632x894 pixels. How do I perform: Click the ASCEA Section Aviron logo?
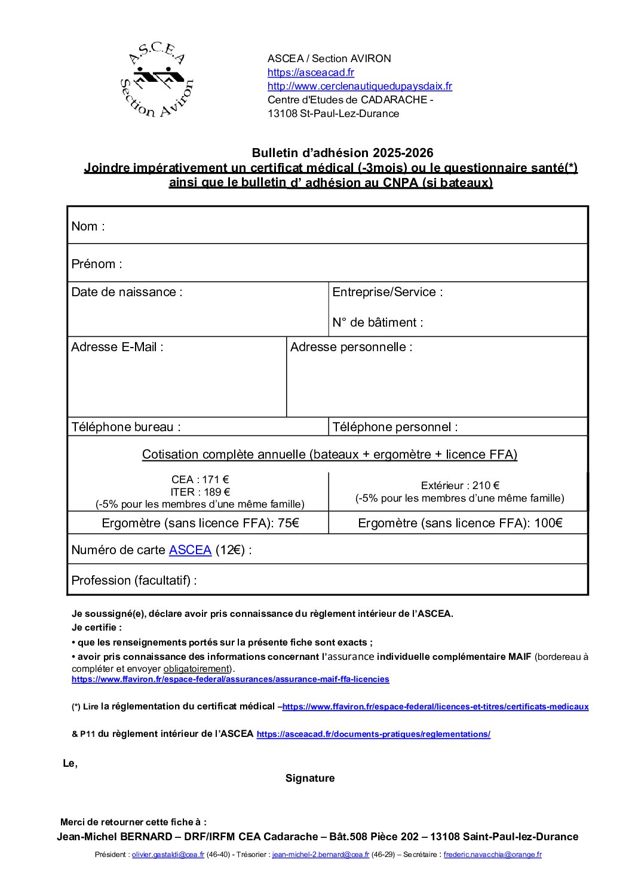point(157,80)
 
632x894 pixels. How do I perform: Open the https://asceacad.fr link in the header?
point(311,72)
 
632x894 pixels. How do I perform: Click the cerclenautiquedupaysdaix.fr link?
point(360,86)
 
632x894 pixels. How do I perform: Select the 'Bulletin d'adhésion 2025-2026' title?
point(342,153)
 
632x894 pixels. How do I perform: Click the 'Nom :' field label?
point(88,226)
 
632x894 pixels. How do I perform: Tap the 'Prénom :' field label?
point(97,264)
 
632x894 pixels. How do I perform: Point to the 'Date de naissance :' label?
point(127,292)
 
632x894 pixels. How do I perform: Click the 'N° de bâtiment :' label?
point(378,322)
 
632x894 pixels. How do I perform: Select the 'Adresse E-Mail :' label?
point(117,347)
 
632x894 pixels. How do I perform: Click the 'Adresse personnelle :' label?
point(351,347)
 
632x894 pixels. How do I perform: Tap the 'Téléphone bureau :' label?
point(126,427)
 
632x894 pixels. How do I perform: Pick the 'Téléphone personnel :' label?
point(395,427)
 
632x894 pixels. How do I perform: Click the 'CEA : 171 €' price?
point(200,480)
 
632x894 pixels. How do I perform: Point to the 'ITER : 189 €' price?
point(200,492)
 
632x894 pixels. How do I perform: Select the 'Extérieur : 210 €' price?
point(460,486)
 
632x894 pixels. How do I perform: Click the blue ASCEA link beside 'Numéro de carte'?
point(190,550)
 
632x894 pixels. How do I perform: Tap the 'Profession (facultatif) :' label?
point(134,580)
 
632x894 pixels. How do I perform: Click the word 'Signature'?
point(310,778)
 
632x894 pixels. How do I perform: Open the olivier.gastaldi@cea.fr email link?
point(168,855)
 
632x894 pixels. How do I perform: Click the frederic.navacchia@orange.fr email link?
point(492,855)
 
